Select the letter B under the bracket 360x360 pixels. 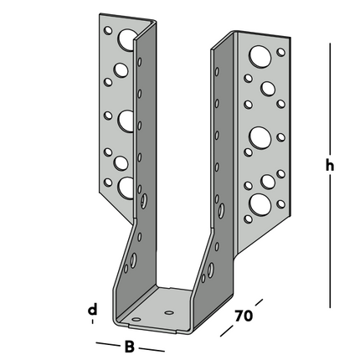tap(128, 346)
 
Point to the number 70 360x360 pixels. tap(243, 316)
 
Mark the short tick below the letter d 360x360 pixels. tap(93, 322)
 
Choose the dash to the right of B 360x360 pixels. tap(152, 348)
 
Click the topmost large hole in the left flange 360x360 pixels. tap(127, 39)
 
